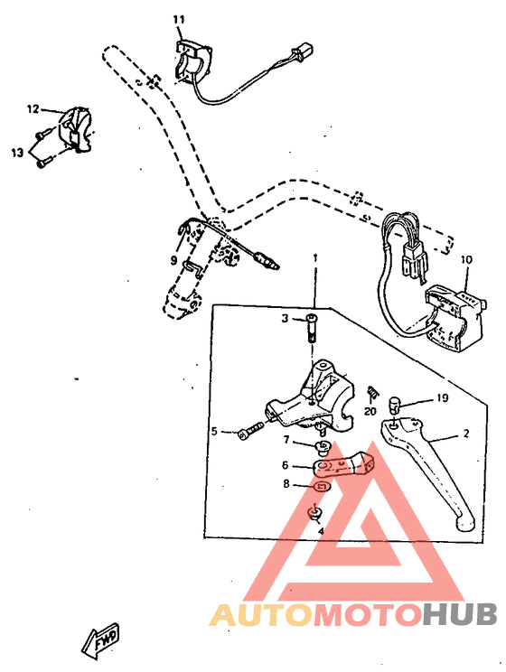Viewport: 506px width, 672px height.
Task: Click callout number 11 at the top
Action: (178, 19)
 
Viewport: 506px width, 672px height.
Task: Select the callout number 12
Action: (33, 109)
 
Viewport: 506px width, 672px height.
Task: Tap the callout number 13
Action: (17, 153)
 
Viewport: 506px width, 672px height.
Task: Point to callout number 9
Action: (173, 260)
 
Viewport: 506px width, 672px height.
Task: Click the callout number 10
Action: (466, 260)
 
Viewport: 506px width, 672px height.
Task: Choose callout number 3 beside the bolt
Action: (284, 319)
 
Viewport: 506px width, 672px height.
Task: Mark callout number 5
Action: (214, 432)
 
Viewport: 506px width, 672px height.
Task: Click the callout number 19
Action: (443, 397)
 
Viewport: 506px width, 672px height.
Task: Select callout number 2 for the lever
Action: (466, 434)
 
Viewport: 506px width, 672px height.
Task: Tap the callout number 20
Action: (370, 411)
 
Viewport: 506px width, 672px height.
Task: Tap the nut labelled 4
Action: (315, 514)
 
